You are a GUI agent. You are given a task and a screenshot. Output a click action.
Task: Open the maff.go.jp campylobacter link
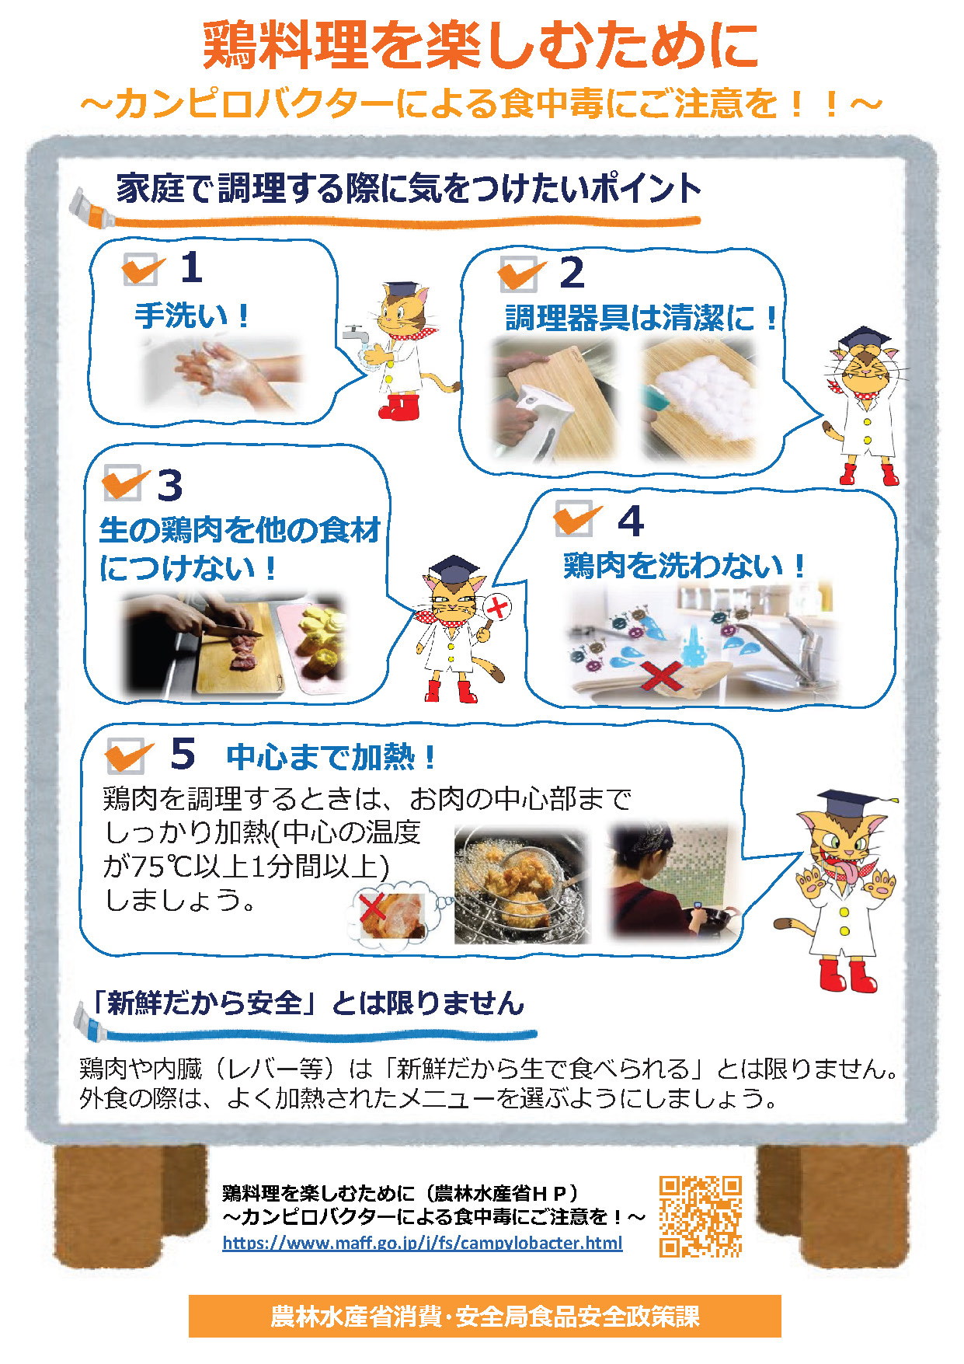point(423,1243)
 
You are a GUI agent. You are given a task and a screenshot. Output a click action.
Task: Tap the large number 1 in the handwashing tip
point(191,268)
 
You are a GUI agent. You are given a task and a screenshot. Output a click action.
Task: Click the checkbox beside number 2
point(519,273)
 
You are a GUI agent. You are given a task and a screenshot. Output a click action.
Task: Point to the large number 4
point(631,521)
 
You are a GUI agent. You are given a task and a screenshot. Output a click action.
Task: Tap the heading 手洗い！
point(192,316)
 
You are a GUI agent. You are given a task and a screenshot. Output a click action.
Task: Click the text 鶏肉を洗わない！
point(684,565)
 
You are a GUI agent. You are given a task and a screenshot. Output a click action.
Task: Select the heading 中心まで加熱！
point(332,756)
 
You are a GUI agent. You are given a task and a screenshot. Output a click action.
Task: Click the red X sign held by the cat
point(497,606)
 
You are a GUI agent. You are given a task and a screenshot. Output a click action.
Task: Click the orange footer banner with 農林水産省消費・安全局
point(485,1316)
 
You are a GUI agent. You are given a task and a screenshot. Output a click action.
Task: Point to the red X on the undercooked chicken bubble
point(373,906)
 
